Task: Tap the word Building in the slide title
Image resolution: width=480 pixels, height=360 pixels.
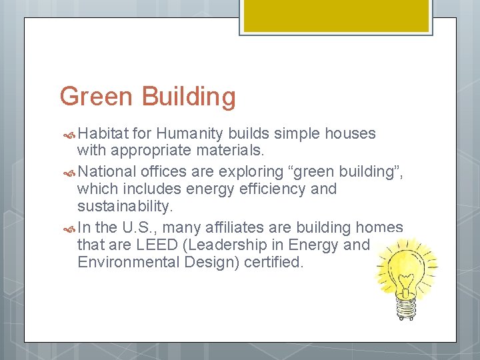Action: (x=189, y=97)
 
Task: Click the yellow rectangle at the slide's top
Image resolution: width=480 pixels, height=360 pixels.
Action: (x=335, y=15)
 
